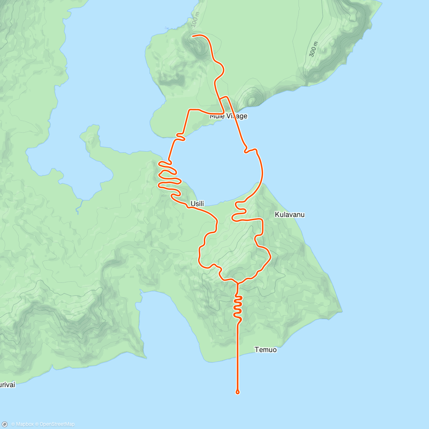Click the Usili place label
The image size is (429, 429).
tap(197, 204)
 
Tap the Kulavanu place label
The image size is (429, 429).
tap(290, 214)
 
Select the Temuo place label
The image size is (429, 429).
tap(266, 350)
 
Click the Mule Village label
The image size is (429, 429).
tap(228, 116)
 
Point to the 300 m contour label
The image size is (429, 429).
tap(313, 49)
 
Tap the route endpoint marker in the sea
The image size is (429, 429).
tap(238, 392)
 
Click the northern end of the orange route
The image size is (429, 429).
tap(193, 36)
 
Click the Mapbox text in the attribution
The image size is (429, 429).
tap(24, 424)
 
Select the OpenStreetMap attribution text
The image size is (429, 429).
tap(57, 424)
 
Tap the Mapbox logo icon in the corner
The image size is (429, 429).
tap(5, 424)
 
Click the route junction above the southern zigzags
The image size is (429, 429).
tap(237, 282)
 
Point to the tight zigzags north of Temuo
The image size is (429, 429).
tap(238, 306)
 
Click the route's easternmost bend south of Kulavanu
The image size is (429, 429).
tap(271, 257)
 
